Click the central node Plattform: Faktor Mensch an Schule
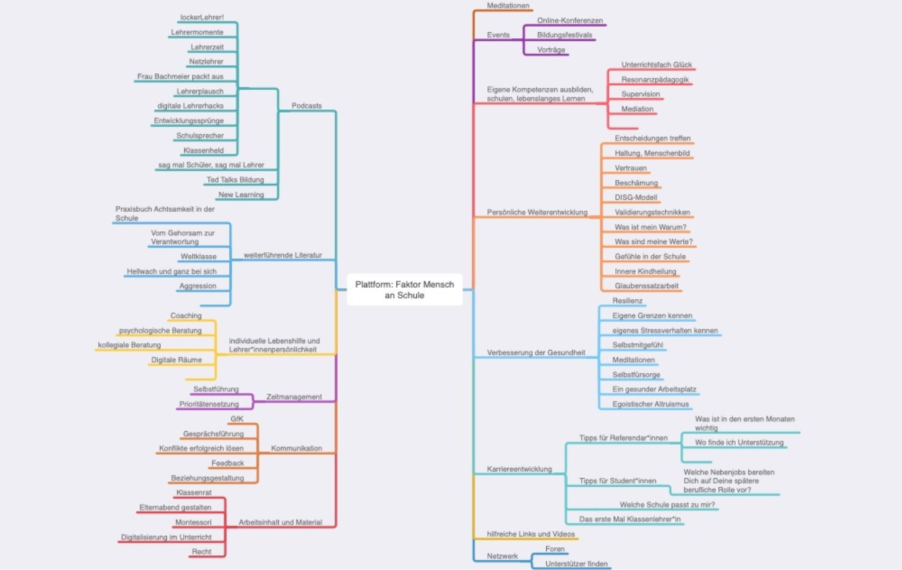click(x=404, y=290)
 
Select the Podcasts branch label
click(x=306, y=106)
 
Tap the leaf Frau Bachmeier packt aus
click(x=180, y=76)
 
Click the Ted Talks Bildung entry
click(x=235, y=180)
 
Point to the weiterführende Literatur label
click(x=282, y=255)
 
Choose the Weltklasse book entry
click(x=198, y=257)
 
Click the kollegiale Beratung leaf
click(x=130, y=345)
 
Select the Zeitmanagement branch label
click(x=294, y=397)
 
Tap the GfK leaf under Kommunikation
click(x=237, y=419)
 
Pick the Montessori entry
click(x=193, y=522)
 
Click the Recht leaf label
click(x=201, y=551)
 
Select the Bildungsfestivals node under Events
click(x=564, y=35)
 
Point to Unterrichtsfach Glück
click(x=656, y=65)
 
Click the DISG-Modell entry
click(x=637, y=197)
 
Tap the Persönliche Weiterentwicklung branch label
click(x=537, y=213)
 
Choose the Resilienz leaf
click(x=628, y=301)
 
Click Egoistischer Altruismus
click(x=650, y=404)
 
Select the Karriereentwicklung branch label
click(x=519, y=469)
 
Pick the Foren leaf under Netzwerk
click(x=555, y=549)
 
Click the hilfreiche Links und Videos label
click(x=531, y=534)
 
